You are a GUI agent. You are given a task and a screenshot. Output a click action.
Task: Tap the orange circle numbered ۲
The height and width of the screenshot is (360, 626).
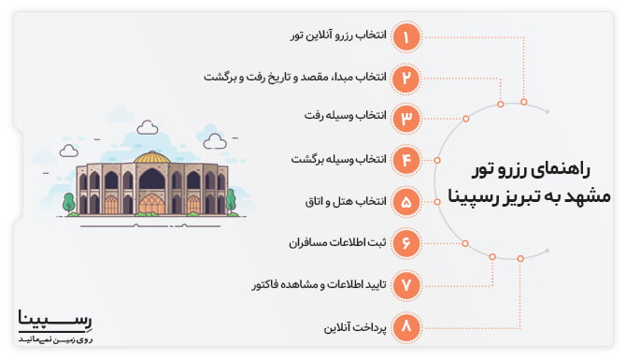point(406,77)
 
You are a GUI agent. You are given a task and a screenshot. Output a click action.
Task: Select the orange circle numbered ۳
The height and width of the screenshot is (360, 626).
point(406,118)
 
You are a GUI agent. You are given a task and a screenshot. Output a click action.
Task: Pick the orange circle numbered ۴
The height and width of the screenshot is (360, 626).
point(406,160)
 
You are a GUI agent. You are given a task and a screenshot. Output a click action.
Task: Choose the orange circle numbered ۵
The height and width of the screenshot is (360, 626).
point(406,201)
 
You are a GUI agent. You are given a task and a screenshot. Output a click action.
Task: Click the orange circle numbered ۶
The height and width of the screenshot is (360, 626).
point(406,242)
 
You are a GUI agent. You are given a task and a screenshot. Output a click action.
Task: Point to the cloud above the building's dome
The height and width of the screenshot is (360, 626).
point(148,126)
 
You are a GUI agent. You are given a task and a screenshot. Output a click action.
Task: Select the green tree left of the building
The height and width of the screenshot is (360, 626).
point(68,201)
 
